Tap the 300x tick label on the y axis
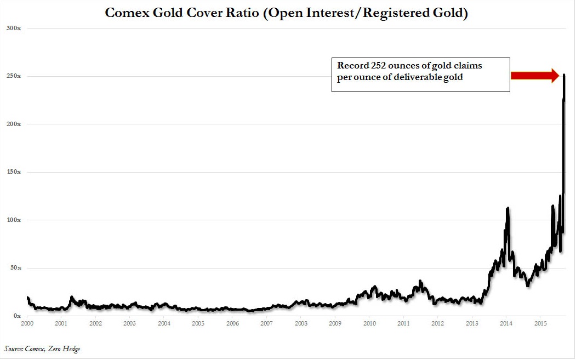13,28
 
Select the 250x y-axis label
13,76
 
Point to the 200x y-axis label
13,124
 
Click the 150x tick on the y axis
13,172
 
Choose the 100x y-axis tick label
13,220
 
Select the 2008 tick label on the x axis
301,324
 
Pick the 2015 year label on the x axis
540,324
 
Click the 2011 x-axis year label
403,324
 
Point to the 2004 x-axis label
164,324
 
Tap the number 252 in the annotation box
370,66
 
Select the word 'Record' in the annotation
349,66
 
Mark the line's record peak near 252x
564,75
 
